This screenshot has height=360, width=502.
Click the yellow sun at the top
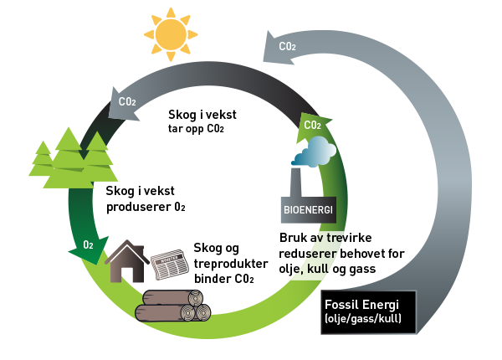click(x=172, y=34)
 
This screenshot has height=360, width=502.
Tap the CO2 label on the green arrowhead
click(x=312, y=126)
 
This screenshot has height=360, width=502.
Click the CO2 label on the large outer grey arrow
click(x=287, y=47)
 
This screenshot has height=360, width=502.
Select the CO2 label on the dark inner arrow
click(x=127, y=101)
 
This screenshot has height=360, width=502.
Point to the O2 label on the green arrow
click(x=88, y=244)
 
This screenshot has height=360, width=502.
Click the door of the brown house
click(x=127, y=274)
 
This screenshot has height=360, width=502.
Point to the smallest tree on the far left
click(x=43, y=159)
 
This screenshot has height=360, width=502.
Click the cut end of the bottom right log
click(x=200, y=312)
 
